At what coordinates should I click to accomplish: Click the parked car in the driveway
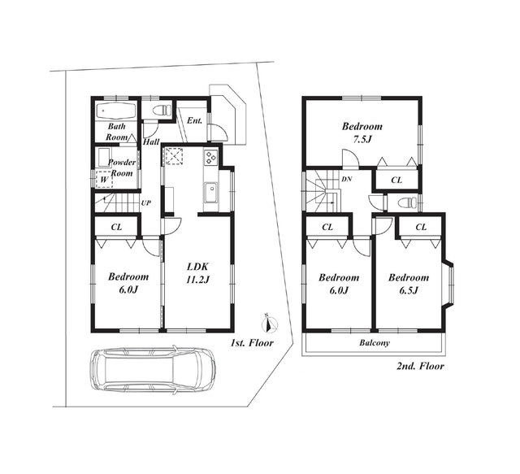tap(153, 369)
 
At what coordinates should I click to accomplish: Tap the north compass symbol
tap(271, 324)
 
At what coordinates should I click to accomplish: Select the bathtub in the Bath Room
tap(116, 111)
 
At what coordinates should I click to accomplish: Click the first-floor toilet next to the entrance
tap(162, 110)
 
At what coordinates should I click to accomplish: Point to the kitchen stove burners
tap(210, 158)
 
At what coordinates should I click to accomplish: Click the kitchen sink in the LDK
tap(210, 193)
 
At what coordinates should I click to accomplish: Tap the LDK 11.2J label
tap(197, 273)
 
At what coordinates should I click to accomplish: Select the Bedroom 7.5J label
tap(362, 133)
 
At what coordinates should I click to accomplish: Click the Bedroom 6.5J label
tap(409, 284)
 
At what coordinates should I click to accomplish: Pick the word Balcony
tap(375, 343)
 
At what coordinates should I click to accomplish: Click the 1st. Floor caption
tap(252, 343)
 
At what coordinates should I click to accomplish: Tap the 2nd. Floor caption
tap(420, 367)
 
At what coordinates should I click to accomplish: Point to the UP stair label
tap(146, 202)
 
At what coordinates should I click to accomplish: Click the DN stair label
tap(347, 179)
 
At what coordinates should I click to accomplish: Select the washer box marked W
tap(105, 180)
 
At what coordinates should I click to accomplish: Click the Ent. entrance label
tap(194, 120)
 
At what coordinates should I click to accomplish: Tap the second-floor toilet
tap(406, 202)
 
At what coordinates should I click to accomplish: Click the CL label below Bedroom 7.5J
tap(396, 180)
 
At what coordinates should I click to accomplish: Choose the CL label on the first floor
tap(116, 227)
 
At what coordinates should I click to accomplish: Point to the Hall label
tap(151, 141)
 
